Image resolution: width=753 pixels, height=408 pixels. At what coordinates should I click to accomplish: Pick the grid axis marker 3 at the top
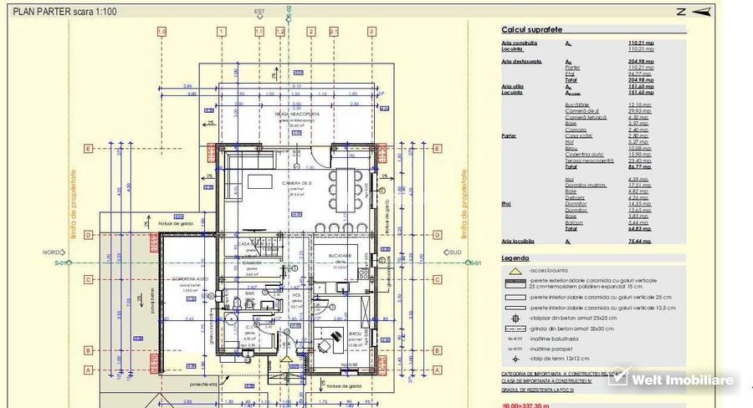tap(371, 32)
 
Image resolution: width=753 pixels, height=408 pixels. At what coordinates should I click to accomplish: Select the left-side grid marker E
tap(86, 150)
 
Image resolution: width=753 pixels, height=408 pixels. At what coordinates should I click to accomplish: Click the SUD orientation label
tap(456, 252)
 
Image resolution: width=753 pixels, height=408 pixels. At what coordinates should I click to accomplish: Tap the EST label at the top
tap(259, 11)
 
